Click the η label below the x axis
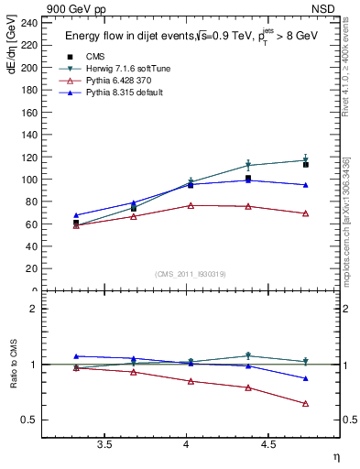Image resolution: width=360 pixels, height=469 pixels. pos(335,456)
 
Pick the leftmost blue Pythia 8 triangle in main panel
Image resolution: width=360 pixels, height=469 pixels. pos(76,215)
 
